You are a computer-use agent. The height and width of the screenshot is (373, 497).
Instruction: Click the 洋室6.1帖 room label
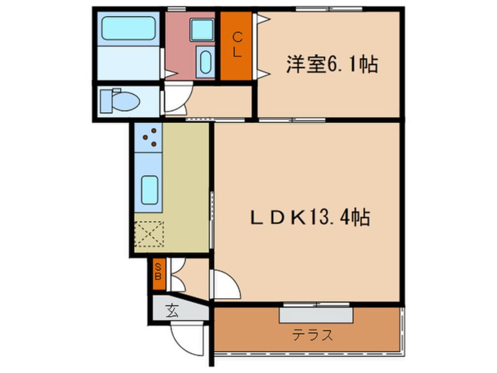click(x=332, y=64)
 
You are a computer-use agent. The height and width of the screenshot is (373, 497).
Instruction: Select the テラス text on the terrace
click(x=313, y=335)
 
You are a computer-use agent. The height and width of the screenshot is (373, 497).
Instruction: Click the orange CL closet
click(x=237, y=45)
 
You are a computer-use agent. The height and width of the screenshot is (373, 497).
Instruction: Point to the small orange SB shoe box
click(x=158, y=274)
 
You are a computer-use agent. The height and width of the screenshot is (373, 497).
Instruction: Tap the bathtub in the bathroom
click(x=127, y=28)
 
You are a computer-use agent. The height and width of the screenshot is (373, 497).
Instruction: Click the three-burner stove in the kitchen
click(x=149, y=137)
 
